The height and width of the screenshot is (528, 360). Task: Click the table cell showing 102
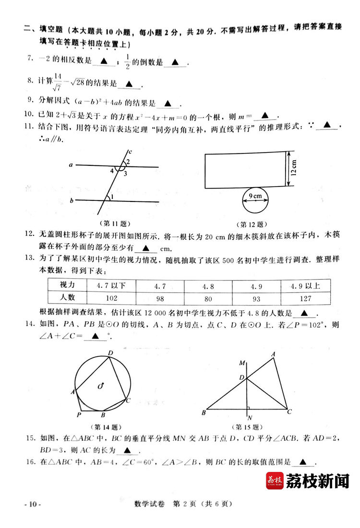pos(111,298)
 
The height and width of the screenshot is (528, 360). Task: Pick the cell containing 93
pos(256,298)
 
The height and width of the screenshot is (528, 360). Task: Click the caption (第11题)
pos(114,223)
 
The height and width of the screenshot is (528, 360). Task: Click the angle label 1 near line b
pos(111,197)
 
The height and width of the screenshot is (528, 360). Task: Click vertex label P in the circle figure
pos(78,414)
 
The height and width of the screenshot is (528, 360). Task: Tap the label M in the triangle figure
pos(242,363)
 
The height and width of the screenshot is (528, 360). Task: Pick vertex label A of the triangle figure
pos(274,354)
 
